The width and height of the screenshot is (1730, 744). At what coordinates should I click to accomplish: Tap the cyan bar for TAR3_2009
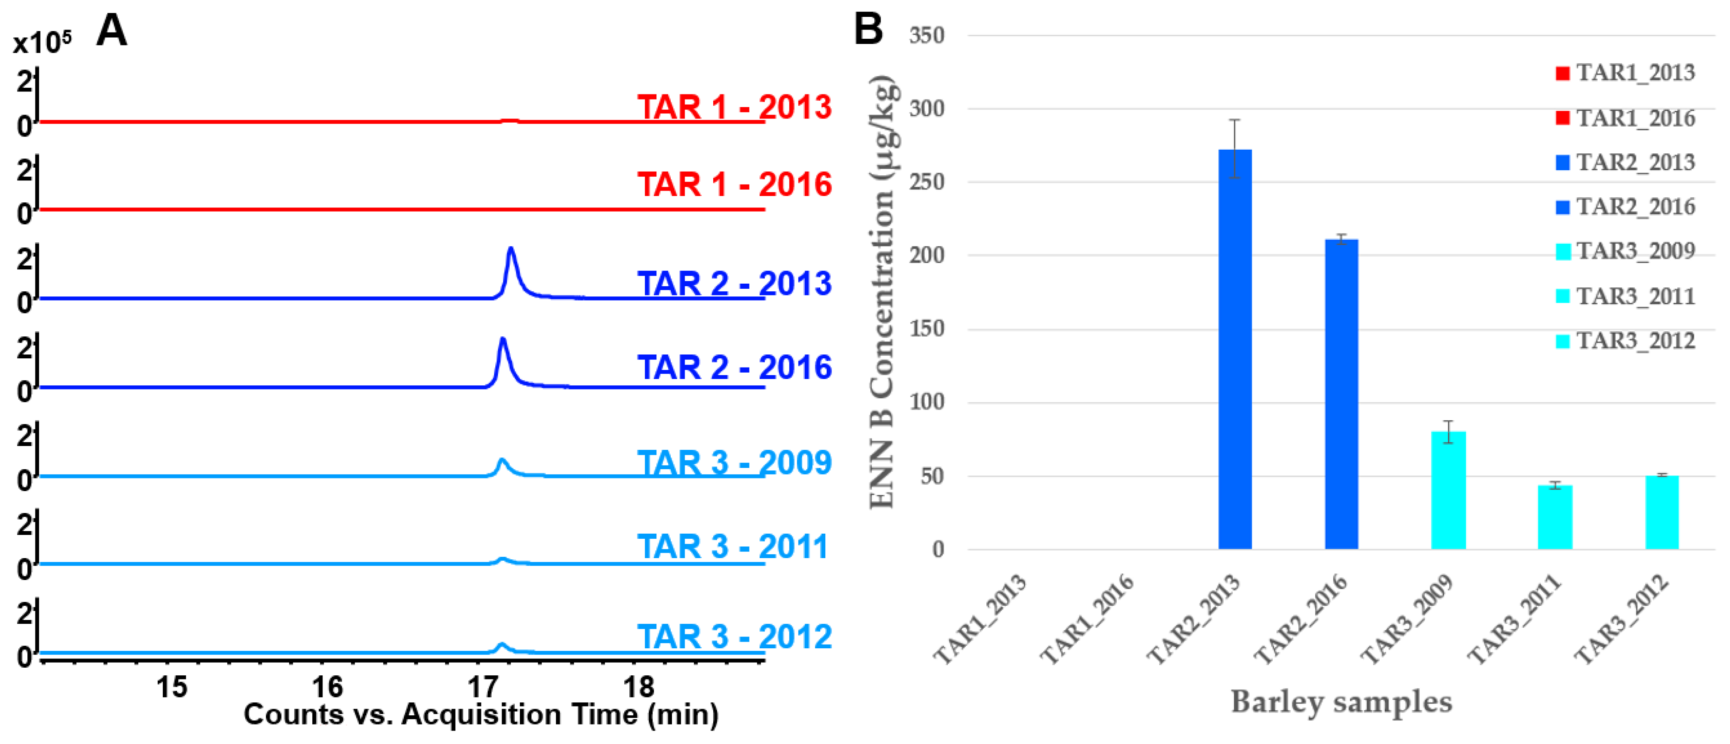click(1448, 490)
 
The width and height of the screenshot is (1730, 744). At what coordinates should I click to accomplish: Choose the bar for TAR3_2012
click(1661, 512)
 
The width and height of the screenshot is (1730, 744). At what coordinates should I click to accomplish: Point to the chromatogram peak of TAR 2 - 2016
click(502, 341)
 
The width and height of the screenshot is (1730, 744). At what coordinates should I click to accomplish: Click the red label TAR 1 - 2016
click(734, 185)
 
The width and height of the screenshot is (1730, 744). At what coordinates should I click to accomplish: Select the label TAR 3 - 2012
click(734, 637)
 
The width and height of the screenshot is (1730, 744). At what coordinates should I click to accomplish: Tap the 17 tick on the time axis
click(483, 686)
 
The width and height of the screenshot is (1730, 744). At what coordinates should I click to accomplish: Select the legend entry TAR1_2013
click(1625, 73)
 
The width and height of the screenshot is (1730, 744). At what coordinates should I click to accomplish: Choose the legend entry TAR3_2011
click(1625, 296)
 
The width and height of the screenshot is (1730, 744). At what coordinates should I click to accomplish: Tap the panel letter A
click(111, 31)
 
